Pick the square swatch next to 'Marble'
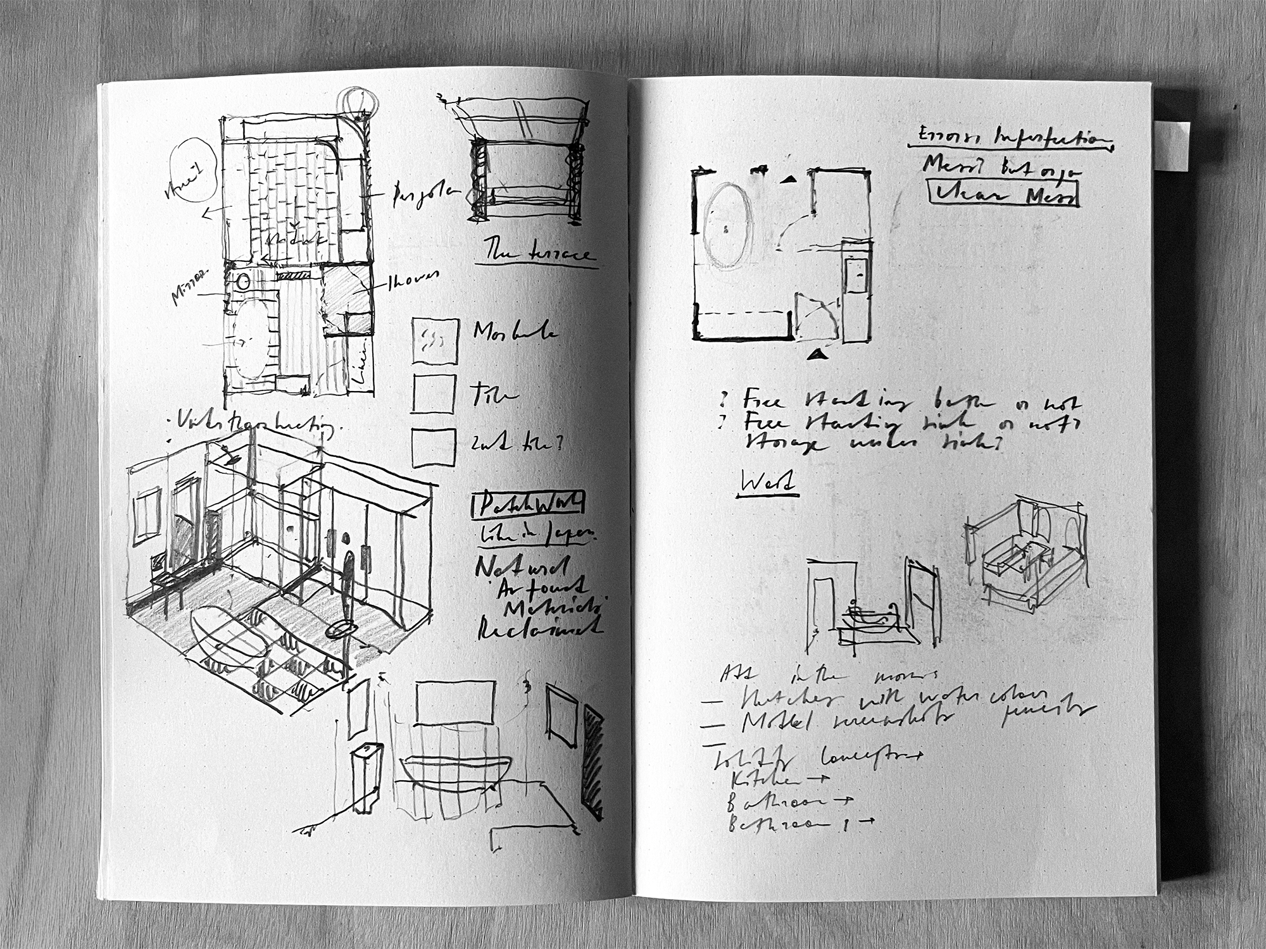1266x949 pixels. coord(435,340)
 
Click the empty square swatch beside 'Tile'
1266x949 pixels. coord(434,394)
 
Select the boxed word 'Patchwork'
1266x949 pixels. coord(528,504)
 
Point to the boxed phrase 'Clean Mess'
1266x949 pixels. coord(1003,194)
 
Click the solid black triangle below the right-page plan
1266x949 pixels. coord(818,354)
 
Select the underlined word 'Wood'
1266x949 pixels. coord(767,485)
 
